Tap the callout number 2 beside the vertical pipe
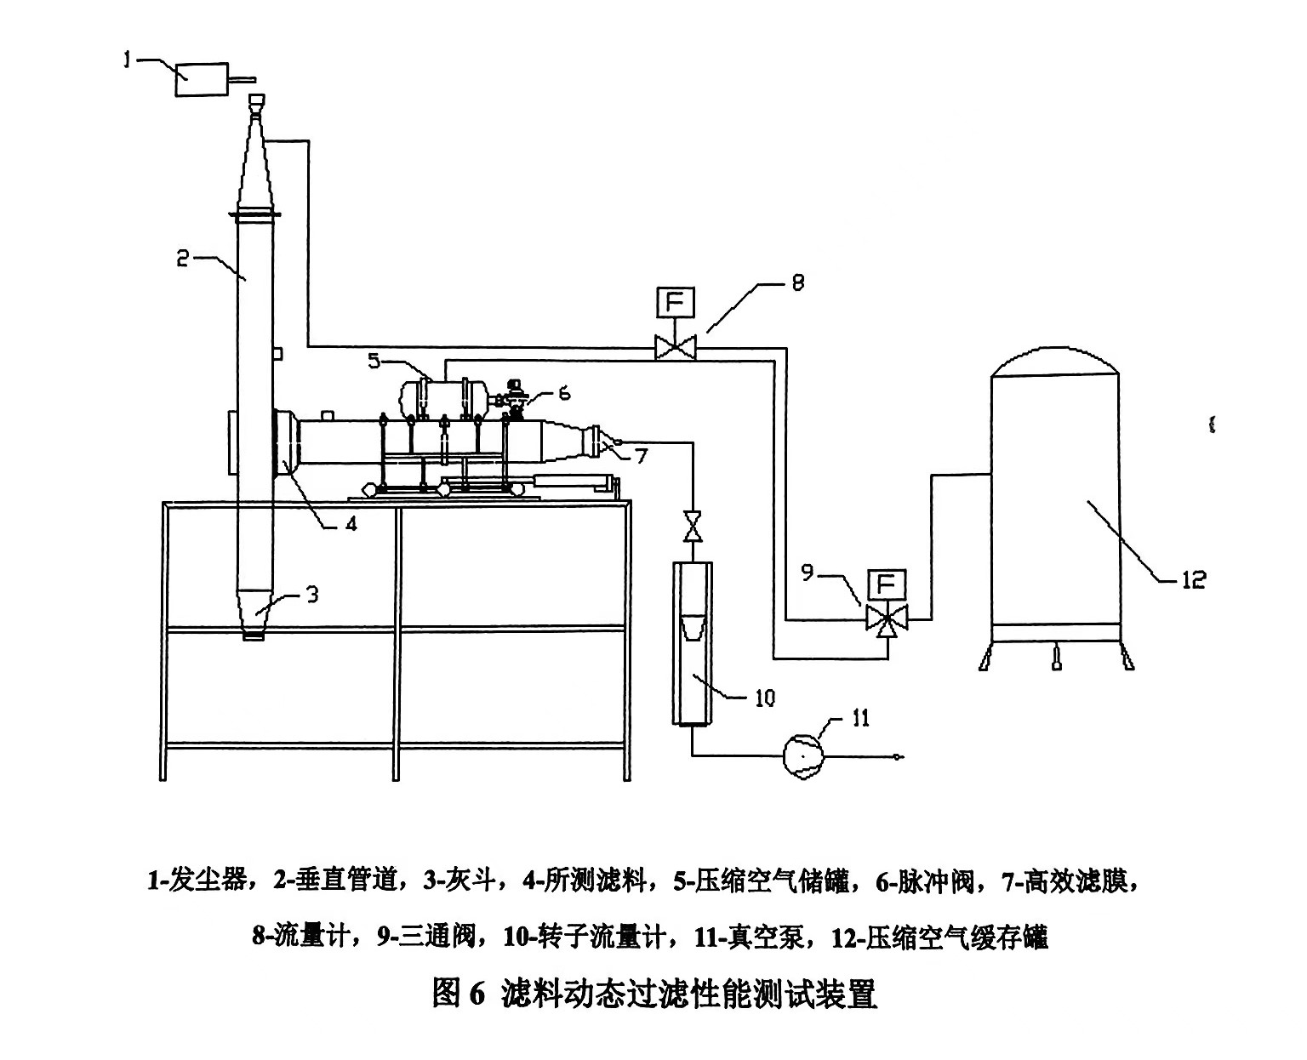click(183, 257)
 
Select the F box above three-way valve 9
click(886, 586)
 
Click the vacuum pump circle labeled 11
click(802, 753)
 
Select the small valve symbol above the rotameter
click(693, 526)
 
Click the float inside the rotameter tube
click(693, 627)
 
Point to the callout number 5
click(374, 361)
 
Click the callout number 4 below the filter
click(350, 522)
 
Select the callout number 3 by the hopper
click(311, 595)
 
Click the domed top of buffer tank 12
click(1054, 362)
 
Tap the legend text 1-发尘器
click(199, 880)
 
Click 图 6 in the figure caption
click(458, 993)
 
